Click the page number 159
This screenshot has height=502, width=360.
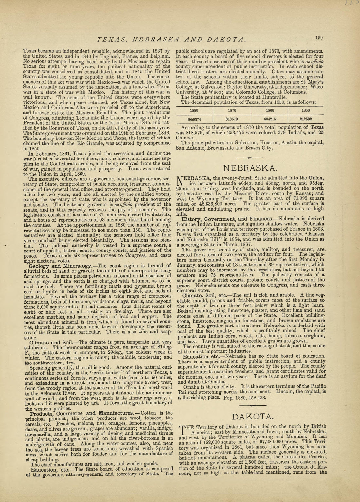click(319, 38)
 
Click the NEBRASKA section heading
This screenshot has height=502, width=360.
click(250, 168)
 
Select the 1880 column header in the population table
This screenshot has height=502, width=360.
click(194, 111)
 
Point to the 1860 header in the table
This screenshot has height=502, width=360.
click(270, 111)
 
